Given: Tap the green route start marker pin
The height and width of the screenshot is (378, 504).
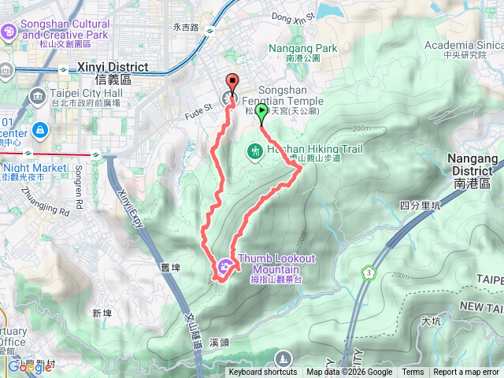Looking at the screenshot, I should pyautogui.click(x=261, y=111).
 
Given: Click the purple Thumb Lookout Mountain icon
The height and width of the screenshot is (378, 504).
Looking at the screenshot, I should pyautogui.click(x=225, y=266).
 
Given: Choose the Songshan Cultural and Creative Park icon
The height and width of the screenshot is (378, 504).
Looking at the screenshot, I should pyautogui.click(x=9, y=31).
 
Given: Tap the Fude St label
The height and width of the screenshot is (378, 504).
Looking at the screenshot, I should pyautogui.click(x=198, y=106).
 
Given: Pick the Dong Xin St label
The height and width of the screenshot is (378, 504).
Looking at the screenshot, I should pyautogui.click(x=292, y=15).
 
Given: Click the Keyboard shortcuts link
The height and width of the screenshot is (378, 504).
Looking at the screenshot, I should pyautogui.click(x=263, y=372).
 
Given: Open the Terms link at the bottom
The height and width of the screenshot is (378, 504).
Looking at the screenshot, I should pyautogui.click(x=413, y=372).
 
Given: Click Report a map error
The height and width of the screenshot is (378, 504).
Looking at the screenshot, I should pyautogui.click(x=466, y=372).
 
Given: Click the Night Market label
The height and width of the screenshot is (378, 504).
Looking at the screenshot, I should pyautogui.click(x=35, y=168).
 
